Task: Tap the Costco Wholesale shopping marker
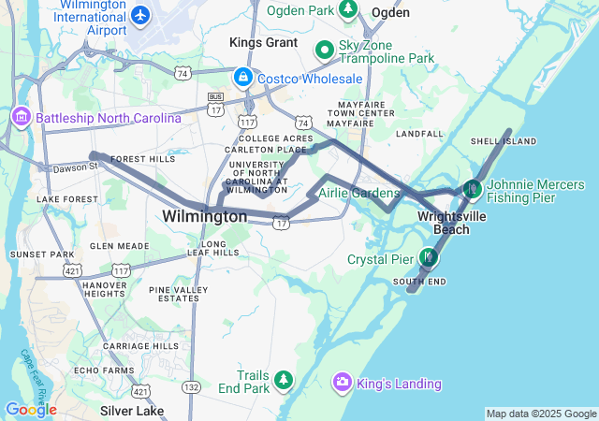tap(241, 77)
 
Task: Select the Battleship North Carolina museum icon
tap(20, 118)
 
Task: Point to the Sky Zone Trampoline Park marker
tap(325, 49)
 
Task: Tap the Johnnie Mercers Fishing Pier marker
tap(473, 189)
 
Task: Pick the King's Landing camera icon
tap(343, 382)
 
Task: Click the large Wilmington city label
tap(204, 216)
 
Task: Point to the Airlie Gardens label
tap(358, 193)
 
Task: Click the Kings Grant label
tap(264, 42)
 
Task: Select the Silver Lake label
tap(132, 411)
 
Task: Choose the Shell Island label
tap(504, 141)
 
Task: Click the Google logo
tap(31, 409)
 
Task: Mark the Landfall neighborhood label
tap(418, 134)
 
